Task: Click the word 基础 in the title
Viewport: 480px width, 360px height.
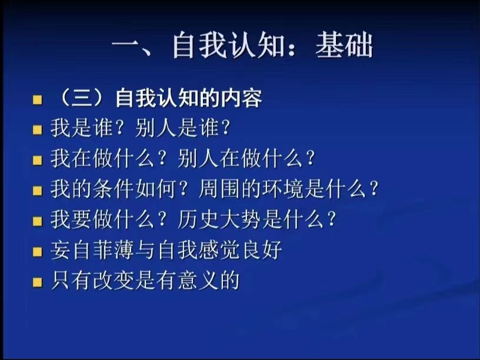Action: point(344,45)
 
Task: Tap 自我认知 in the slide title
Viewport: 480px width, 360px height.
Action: point(228,45)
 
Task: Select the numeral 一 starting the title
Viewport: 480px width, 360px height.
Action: point(126,46)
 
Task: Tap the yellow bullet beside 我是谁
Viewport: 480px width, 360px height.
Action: point(37,130)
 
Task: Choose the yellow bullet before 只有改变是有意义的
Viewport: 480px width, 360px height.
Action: point(37,282)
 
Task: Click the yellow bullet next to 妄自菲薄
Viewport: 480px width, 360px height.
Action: point(37,252)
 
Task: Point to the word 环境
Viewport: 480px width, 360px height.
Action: point(282,189)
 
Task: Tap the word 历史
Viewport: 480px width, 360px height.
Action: point(198,219)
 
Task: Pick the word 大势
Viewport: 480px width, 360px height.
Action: point(241,219)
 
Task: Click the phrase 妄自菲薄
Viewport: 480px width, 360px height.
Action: point(92,250)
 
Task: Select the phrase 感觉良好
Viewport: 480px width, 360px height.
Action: point(241,250)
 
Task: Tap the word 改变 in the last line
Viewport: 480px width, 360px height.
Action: point(114,281)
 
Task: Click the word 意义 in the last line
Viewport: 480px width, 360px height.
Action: point(198,281)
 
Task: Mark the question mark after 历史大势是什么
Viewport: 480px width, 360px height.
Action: point(331,219)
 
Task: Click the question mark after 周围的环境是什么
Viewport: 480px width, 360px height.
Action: point(374,189)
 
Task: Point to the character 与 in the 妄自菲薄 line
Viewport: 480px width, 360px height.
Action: point(145,250)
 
